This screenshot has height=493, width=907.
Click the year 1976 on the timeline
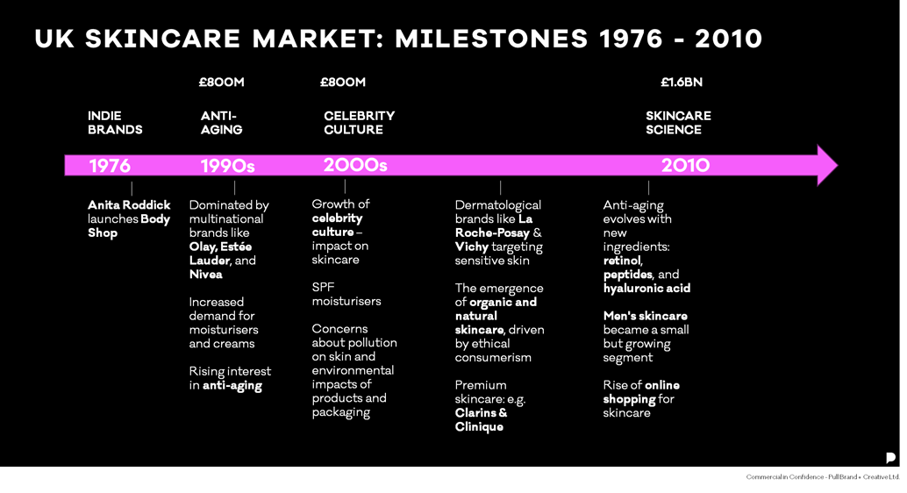click(110, 166)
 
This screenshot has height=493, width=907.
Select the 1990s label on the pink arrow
click(227, 166)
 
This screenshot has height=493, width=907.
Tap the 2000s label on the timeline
click(355, 165)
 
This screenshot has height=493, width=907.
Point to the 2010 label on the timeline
click(685, 165)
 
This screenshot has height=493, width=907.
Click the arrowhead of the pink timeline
click(826, 165)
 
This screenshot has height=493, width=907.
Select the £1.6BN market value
click(682, 82)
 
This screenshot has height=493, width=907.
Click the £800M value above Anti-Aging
click(221, 82)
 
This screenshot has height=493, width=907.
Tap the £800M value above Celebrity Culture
click(343, 82)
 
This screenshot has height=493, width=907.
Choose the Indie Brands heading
click(115, 123)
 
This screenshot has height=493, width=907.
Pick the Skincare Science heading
click(678, 123)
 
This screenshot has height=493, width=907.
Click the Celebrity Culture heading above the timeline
click(359, 123)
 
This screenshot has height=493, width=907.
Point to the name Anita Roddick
click(129, 205)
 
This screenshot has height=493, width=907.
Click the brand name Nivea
click(206, 275)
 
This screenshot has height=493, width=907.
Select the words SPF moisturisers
click(346, 294)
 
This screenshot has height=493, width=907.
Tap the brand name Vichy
click(471, 246)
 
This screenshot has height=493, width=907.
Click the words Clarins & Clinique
click(481, 419)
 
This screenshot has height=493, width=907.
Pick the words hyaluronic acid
click(646, 288)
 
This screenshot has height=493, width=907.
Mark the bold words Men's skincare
click(645, 316)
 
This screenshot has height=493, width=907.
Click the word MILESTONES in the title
click(491, 39)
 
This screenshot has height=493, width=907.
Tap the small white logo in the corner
click(890, 458)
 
